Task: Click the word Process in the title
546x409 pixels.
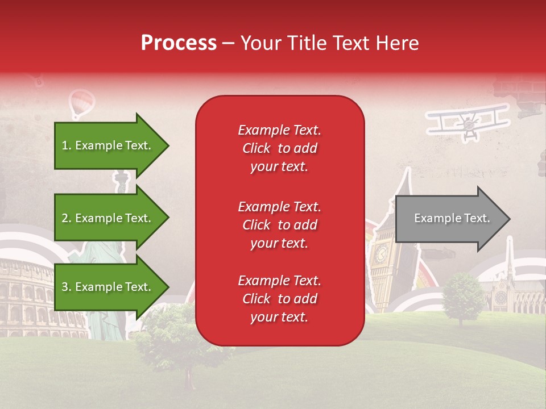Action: pos(179,43)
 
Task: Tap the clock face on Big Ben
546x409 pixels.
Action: pos(380,252)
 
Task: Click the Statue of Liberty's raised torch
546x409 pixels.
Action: pos(121,181)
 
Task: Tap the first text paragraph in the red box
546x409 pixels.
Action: pos(279,148)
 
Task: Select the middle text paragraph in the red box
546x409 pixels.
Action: pos(279,225)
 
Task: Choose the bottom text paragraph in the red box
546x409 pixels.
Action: pos(279,299)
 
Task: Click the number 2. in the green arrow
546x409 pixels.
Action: pos(67,218)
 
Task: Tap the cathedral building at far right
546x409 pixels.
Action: pos(515,293)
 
